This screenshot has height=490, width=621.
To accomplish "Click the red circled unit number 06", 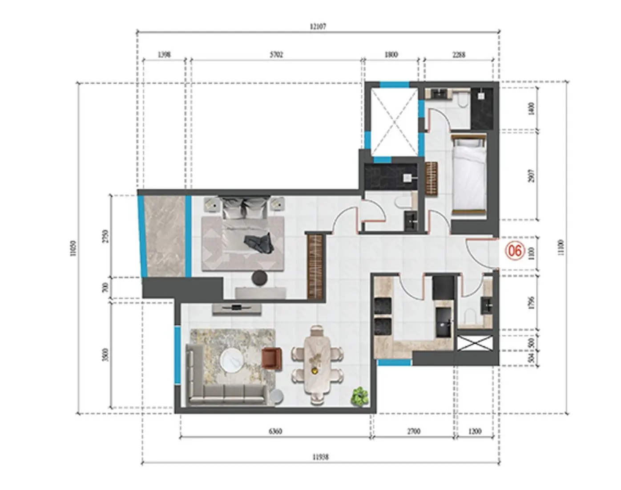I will pyautogui.click(x=515, y=251).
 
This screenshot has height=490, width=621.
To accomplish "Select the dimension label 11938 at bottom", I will pyautogui.click(x=320, y=457).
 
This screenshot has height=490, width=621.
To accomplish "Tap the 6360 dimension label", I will pyautogui.click(x=275, y=431).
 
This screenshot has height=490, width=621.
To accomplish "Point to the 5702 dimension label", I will pyautogui.click(x=276, y=55).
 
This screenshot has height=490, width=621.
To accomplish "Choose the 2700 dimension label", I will pyautogui.click(x=413, y=431).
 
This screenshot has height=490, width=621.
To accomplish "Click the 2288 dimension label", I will pyautogui.click(x=459, y=55).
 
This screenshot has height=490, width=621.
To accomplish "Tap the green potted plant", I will pyautogui.click(x=359, y=396).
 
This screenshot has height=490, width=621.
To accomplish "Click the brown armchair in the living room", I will pyautogui.click(x=272, y=358).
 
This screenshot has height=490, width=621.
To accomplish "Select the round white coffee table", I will pyautogui.click(x=232, y=359).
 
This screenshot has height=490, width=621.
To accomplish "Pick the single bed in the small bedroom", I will pyautogui.click(x=468, y=176).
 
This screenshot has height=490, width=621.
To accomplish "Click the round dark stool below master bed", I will pyautogui.click(x=259, y=278).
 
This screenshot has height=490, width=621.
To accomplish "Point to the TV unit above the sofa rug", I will pyautogui.click(x=236, y=308).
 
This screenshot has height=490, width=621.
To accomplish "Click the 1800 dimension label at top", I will pyautogui.click(x=391, y=55).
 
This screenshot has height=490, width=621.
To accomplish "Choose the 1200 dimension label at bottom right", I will pyautogui.click(x=475, y=431).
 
